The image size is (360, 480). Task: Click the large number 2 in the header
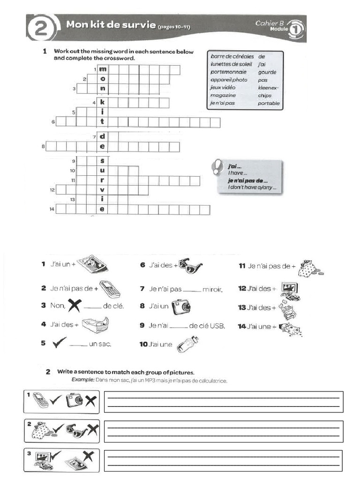tap(41, 29)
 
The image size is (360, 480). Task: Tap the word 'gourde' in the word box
tap(267, 72)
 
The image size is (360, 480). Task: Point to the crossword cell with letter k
tap(102, 102)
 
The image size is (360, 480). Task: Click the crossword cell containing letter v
tap(102, 189)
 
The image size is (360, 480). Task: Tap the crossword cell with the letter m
tap(102, 69)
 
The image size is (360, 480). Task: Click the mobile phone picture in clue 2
tap(110, 289)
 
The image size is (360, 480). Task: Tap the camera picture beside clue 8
tap(180, 307)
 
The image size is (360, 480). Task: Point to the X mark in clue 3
tap(74, 306)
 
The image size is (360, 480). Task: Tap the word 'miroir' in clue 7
tap(212, 290)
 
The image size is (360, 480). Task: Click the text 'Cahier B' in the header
tap(270, 22)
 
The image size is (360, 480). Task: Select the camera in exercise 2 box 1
tap(74, 400)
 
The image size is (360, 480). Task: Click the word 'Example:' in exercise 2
tap(82, 381)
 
